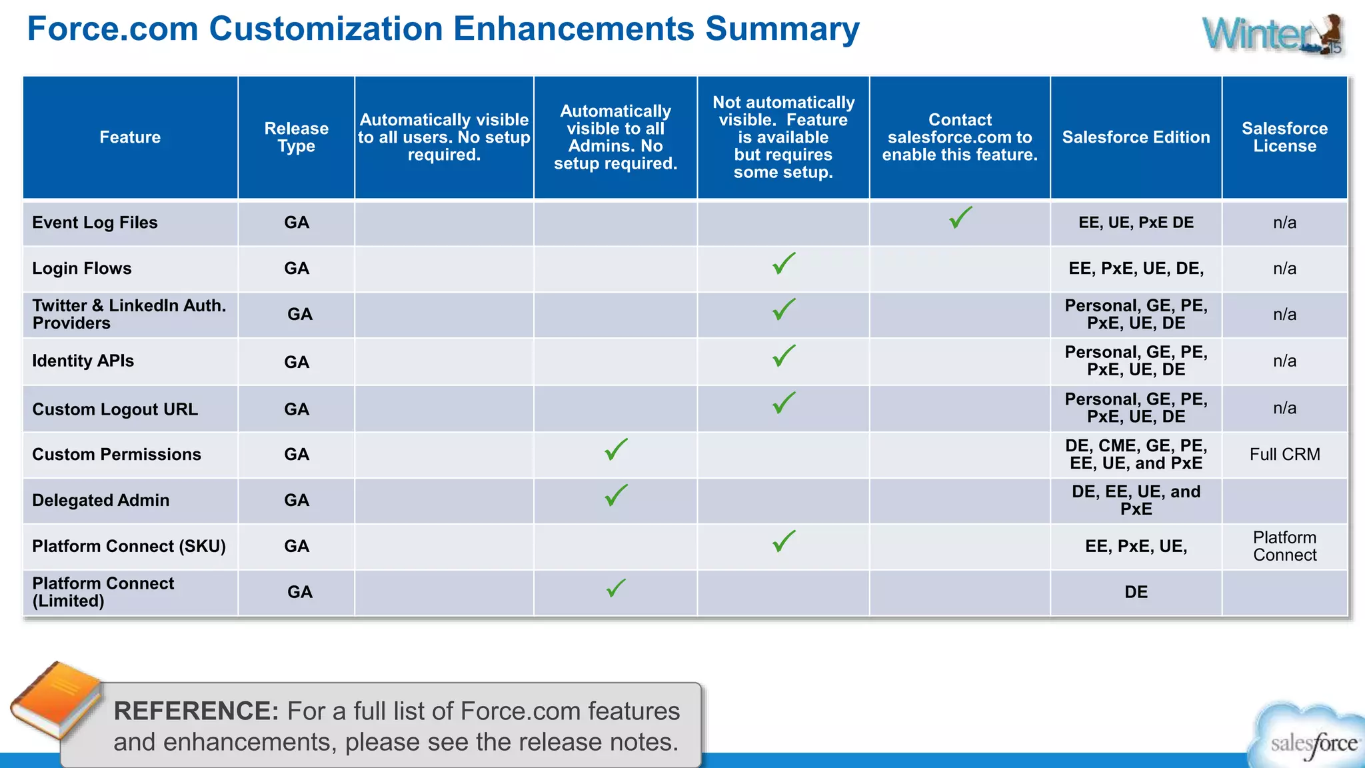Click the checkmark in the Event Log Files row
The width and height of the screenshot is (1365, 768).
(960, 218)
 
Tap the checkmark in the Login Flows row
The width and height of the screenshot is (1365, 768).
(784, 264)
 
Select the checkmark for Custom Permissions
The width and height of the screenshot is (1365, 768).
(616, 450)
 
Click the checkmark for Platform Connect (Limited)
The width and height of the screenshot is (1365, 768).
(616, 588)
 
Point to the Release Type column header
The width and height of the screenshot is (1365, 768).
(297, 137)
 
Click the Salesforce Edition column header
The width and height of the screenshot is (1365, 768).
(1136, 137)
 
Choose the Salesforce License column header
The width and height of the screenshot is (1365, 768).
(1284, 137)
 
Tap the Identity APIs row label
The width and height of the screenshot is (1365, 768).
(83, 361)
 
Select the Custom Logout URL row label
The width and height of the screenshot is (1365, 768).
(115, 409)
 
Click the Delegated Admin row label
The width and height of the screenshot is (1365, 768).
(101, 500)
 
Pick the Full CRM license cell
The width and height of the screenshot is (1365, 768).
(1284, 455)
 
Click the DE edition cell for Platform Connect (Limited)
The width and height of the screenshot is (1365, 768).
(1136, 592)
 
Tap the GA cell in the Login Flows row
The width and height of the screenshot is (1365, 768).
(297, 269)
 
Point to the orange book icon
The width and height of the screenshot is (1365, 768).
(57, 700)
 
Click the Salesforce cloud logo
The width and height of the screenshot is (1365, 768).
(1310, 737)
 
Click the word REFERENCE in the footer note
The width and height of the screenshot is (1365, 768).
(196, 711)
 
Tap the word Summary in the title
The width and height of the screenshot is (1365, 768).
(782, 29)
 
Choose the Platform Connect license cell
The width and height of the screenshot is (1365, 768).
(1284, 547)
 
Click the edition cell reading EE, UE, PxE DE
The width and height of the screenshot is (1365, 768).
(1136, 223)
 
